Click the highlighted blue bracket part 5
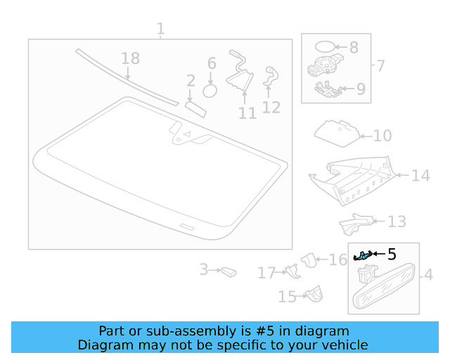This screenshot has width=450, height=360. tap(363, 256)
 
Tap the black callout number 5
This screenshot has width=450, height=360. tap(392, 254)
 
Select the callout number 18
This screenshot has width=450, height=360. tap(131, 58)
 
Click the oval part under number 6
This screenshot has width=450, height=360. tap(210, 91)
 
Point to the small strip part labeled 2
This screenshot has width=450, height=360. tap(195, 110)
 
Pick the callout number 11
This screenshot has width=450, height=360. tap(247, 113)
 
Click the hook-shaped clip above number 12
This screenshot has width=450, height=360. tap(271, 76)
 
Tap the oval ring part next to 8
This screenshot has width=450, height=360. tap(325, 46)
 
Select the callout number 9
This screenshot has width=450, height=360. tap(361, 89)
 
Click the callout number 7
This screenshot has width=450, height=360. tap(380, 65)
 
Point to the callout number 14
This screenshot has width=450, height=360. tap(420, 175)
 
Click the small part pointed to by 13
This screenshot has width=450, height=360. tap(356, 224)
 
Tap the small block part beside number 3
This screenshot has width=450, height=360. tap(229, 271)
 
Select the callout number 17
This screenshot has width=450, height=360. tap(266, 273)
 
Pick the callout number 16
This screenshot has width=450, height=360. tap(337, 260)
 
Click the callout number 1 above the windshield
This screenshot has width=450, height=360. tap(160, 29)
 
